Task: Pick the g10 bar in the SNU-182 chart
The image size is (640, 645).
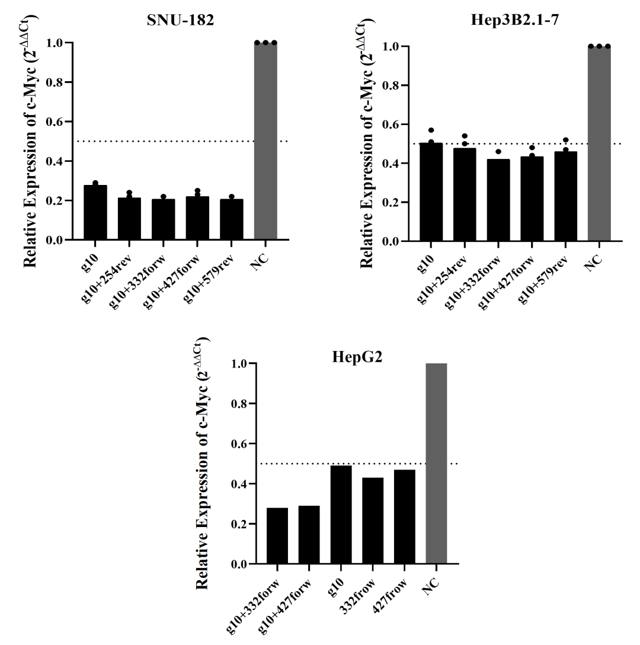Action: [x=95, y=213]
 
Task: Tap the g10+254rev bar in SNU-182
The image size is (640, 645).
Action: [x=129, y=219]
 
